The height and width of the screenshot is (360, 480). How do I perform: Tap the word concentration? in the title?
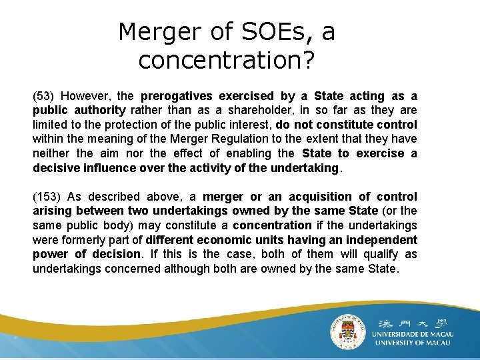click(226, 60)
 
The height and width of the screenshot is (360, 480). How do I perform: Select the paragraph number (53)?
click(45, 96)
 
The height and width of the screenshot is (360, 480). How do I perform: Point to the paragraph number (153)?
click(48, 197)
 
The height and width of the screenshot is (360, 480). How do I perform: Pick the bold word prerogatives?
click(175, 96)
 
